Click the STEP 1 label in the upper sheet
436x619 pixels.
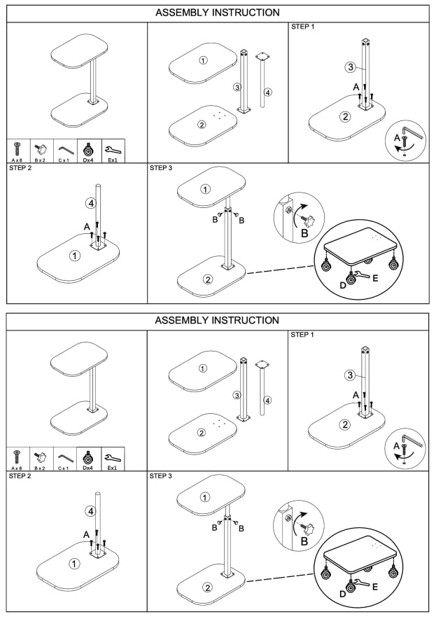tap(302, 27)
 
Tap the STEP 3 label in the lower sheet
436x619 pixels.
tap(162, 476)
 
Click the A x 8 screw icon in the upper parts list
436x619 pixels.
tap(17, 149)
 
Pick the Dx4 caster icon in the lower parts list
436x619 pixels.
tap(89, 457)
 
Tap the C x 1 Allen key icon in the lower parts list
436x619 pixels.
tap(65, 457)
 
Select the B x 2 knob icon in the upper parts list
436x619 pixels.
tap(40, 149)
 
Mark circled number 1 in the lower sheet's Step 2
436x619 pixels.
tap(74, 563)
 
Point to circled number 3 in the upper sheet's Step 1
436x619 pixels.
tap(351, 68)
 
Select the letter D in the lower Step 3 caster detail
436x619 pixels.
tap(342, 593)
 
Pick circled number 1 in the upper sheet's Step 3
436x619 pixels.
tap(205, 189)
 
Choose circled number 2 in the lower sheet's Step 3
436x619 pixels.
tap(207, 586)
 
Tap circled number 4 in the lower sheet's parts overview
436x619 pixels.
tap(267, 401)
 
